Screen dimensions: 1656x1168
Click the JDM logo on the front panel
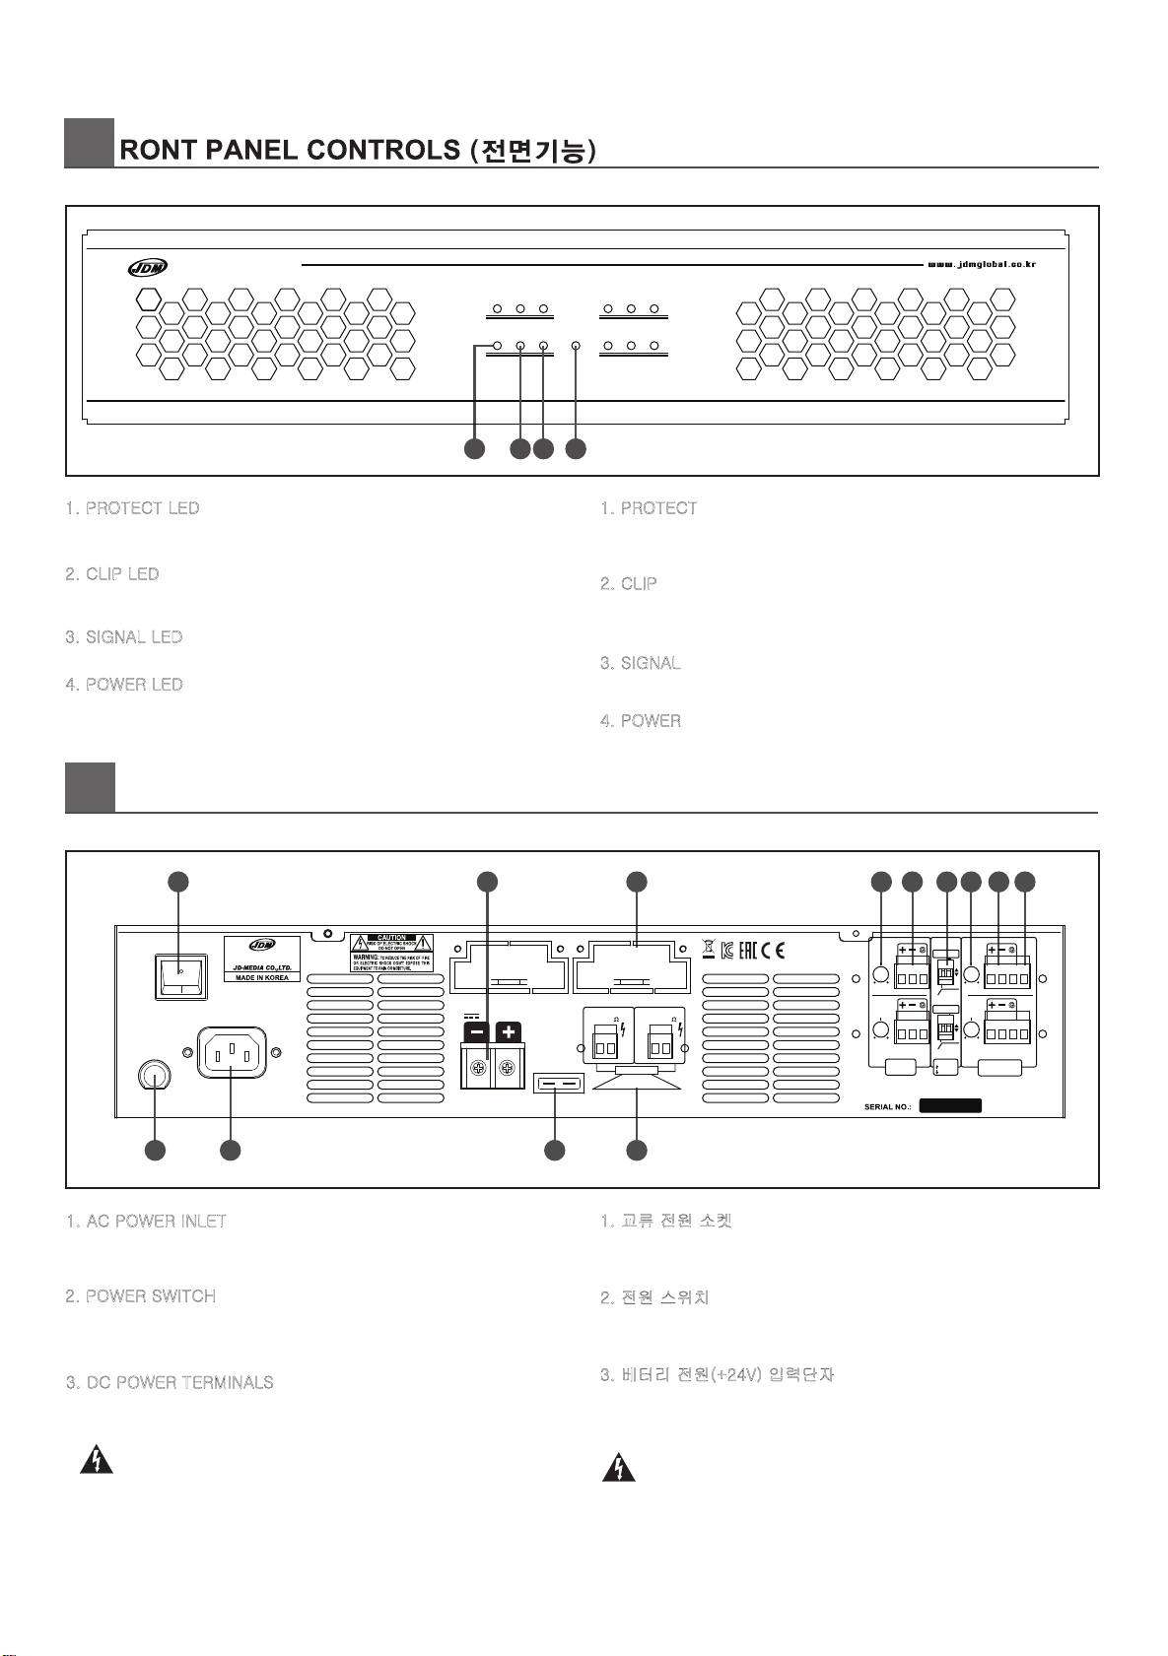[148, 266]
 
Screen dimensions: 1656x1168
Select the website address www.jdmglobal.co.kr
[982, 264]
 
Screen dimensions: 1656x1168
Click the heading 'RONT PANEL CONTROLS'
[290, 150]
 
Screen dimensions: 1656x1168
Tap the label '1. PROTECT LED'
[133, 508]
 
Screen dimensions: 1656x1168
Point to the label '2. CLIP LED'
[112, 574]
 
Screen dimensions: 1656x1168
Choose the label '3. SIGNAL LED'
[124, 637]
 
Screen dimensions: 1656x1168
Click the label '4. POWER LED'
[124, 685]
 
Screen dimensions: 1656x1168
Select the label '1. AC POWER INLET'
[147, 1222]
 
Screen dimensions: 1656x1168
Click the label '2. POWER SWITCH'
[141, 1296]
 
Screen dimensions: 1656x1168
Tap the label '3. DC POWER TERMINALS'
[170, 1383]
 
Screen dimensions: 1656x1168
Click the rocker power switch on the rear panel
[180, 975]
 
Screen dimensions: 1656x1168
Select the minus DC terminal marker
[476, 1032]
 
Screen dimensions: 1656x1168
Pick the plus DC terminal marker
[509, 1032]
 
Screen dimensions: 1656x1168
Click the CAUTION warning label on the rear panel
[392, 953]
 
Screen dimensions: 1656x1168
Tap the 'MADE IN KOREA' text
[262, 977]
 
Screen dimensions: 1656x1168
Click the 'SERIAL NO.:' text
[887, 1106]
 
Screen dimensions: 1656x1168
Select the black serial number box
[950, 1106]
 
